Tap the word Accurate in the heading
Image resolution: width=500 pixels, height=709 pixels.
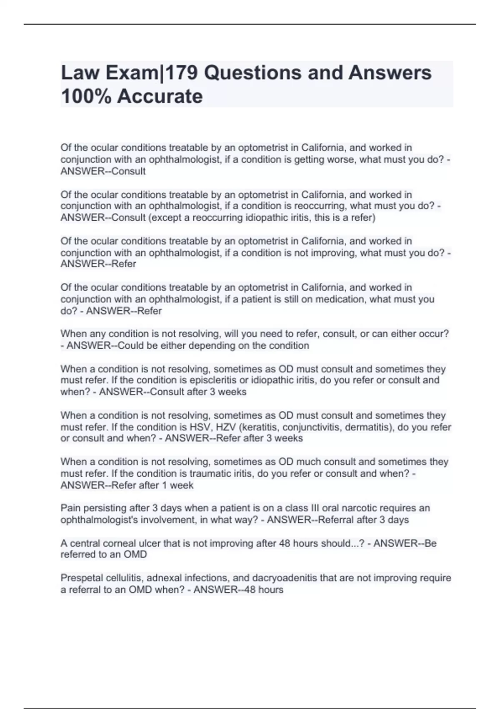point(160,96)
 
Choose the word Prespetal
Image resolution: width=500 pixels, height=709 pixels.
point(81,578)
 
